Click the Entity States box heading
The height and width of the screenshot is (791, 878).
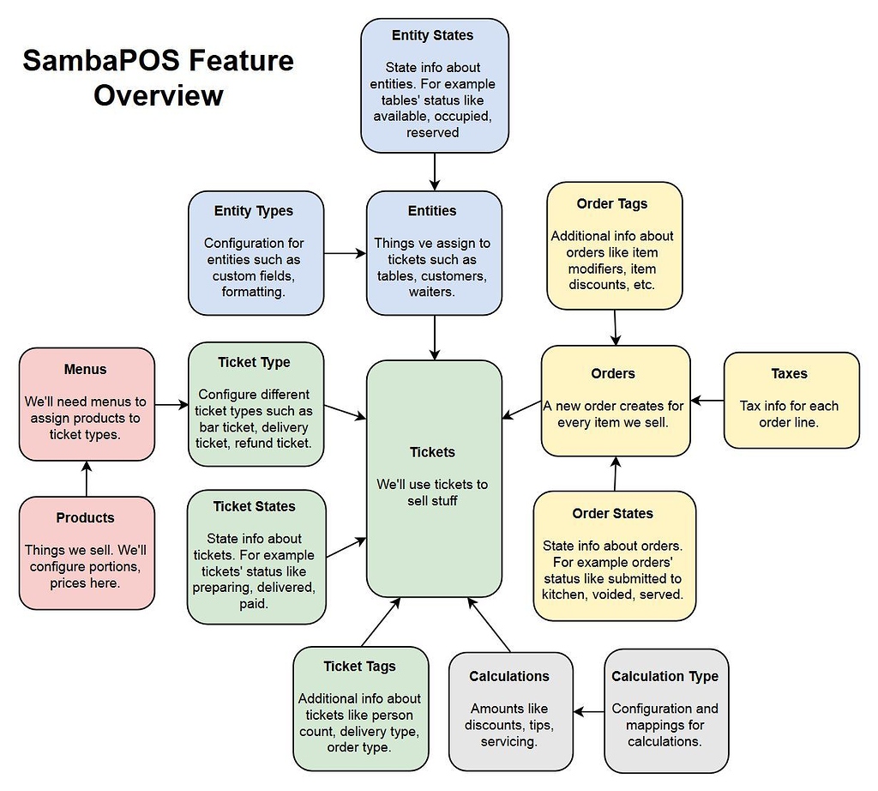point(433,35)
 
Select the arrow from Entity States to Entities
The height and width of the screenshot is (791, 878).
point(435,172)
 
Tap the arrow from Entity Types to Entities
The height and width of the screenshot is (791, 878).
point(345,253)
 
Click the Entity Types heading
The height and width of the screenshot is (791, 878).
point(254,211)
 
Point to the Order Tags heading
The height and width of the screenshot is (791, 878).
point(612,204)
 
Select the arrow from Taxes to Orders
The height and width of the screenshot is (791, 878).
point(707,400)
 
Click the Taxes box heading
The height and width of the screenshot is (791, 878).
point(789,374)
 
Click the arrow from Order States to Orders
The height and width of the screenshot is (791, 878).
point(614,474)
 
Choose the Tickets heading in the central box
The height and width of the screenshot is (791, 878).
point(433,452)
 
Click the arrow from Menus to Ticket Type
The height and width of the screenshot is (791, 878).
point(171,404)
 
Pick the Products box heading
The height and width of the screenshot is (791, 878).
point(85,518)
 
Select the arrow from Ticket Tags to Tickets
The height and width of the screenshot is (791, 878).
point(381,622)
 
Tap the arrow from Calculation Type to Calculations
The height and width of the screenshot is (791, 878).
point(589,711)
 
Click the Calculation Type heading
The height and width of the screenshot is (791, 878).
point(665,677)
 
